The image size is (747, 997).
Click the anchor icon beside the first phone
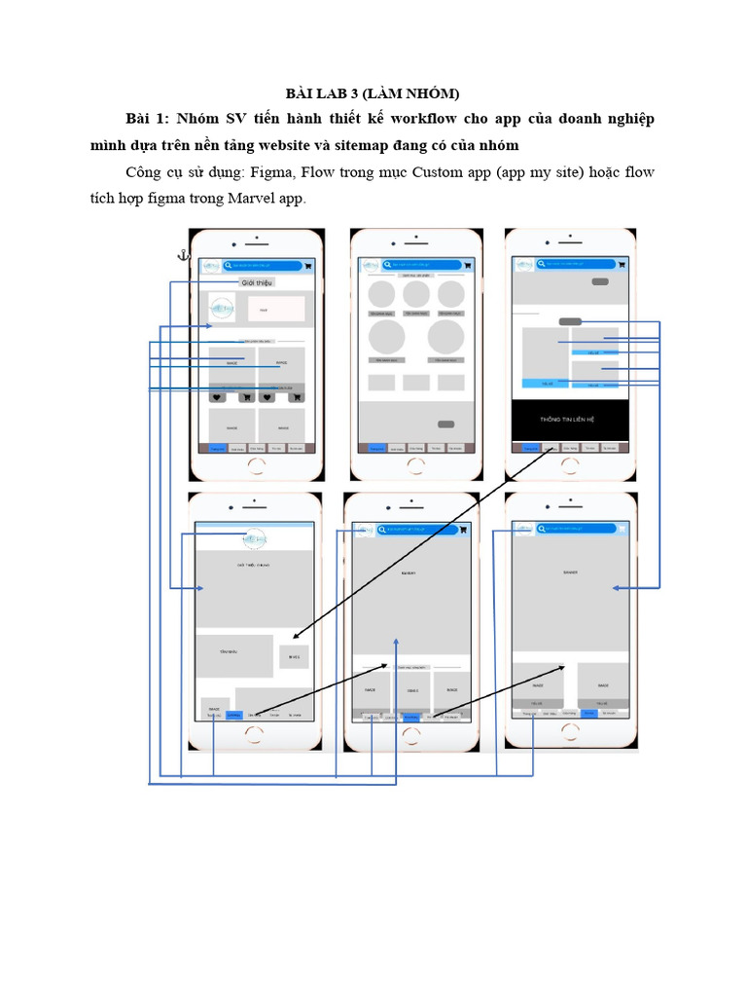click(x=181, y=255)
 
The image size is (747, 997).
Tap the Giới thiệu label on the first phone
click(x=257, y=282)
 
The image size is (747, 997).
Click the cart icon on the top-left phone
click(x=308, y=265)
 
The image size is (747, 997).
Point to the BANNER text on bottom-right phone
click(x=570, y=572)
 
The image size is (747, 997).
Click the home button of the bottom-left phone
click(x=254, y=734)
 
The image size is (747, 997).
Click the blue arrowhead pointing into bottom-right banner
click(x=616, y=588)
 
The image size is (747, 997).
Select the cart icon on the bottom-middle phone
click(x=463, y=531)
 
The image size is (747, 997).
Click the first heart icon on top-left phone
click(x=218, y=397)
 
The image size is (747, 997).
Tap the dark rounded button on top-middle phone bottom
click(x=446, y=425)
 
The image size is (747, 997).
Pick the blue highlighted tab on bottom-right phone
click(x=588, y=713)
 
